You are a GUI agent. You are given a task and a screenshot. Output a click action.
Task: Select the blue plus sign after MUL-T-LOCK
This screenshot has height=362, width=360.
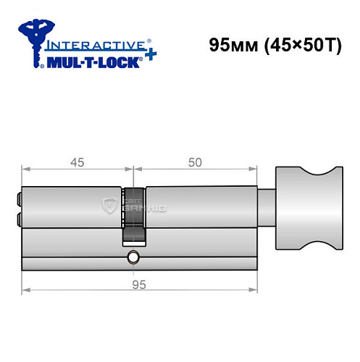pos(148,56)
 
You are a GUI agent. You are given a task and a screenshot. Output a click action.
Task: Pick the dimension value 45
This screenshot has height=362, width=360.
pos(75,163)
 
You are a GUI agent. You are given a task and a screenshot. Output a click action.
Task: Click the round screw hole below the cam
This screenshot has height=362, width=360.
pos(134,258)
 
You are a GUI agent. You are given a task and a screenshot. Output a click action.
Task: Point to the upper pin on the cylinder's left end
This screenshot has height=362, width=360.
pos(18,196)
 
